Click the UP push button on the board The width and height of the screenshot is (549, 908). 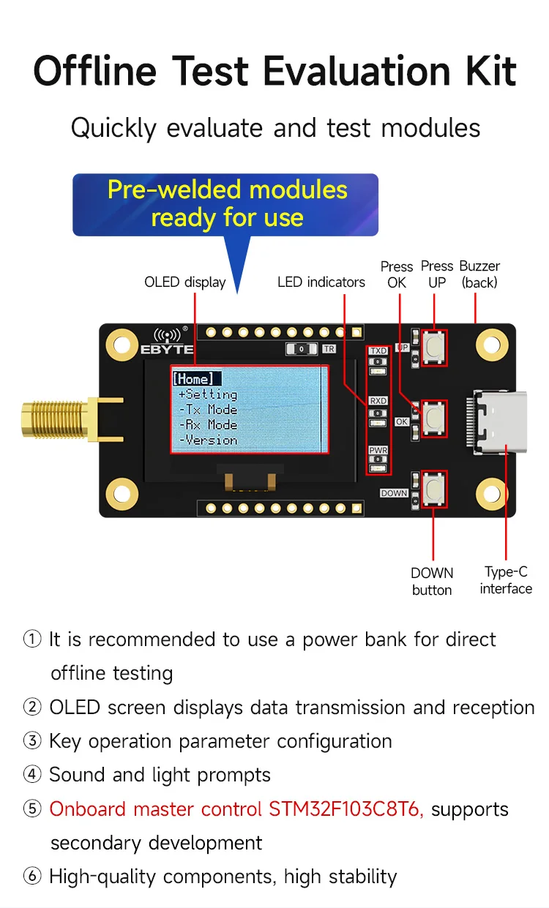[x=435, y=347]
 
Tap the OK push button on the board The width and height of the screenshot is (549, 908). [x=435, y=417]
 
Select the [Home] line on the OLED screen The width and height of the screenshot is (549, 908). [x=194, y=378]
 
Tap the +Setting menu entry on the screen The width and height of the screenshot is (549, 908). [x=207, y=394]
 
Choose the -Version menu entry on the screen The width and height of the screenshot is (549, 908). [x=208, y=440]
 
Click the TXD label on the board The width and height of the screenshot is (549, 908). [x=378, y=351]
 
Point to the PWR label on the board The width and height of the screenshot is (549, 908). [x=378, y=450]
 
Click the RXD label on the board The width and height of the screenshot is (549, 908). [x=378, y=401]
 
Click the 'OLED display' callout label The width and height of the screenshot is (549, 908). [x=185, y=282]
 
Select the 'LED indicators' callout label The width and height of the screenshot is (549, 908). [x=321, y=282]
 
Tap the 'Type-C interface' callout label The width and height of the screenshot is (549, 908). [x=506, y=580]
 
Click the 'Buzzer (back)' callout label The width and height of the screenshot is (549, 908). [x=480, y=274]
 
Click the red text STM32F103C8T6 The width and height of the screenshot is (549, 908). [x=346, y=809]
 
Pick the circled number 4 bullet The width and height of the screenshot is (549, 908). [x=32, y=775]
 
